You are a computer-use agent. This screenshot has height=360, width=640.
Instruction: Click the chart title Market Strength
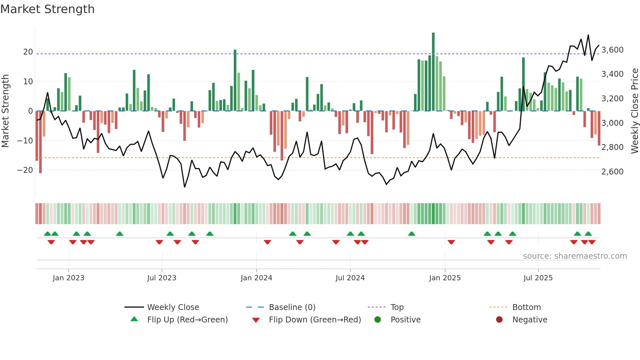click(x=47, y=9)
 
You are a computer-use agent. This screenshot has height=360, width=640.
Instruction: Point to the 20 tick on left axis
click(x=28, y=52)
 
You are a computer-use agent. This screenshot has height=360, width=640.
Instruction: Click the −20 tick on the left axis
click(x=25, y=170)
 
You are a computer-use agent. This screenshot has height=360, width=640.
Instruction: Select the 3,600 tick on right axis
click(x=612, y=50)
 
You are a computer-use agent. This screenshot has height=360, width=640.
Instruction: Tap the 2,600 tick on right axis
click(x=612, y=172)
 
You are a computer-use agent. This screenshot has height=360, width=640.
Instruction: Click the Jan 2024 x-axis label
click(x=256, y=278)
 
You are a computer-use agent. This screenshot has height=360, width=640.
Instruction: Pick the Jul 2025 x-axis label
click(x=538, y=278)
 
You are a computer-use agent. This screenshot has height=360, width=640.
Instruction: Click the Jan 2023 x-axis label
click(x=69, y=278)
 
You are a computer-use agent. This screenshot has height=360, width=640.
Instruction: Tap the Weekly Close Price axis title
click(x=634, y=111)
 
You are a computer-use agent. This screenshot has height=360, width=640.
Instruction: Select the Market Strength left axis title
click(x=6, y=111)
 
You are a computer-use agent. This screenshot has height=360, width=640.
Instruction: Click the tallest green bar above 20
click(x=433, y=72)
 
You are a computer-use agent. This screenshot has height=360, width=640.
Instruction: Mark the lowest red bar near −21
click(x=40, y=142)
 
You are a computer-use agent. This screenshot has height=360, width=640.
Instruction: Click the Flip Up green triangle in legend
click(x=134, y=319)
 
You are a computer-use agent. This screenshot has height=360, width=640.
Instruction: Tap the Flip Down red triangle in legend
click(x=256, y=320)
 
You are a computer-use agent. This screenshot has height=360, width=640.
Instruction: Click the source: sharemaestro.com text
click(x=575, y=256)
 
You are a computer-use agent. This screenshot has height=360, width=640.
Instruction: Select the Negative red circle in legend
click(x=499, y=319)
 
